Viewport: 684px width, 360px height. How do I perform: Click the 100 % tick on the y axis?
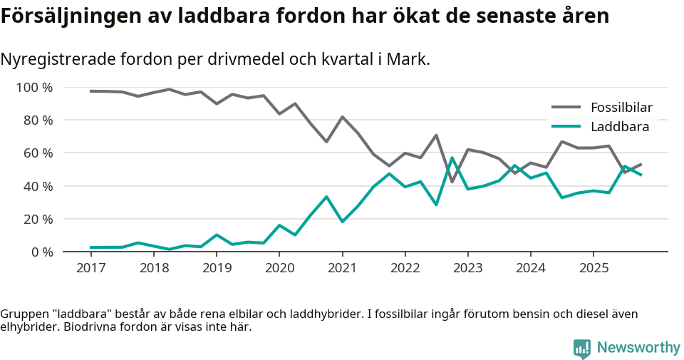point(34,88)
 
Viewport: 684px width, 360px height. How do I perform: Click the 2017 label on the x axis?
point(90,269)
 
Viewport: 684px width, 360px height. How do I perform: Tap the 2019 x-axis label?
point(217,269)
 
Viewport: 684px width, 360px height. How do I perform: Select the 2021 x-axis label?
point(342,269)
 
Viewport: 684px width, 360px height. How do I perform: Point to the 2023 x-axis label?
point(467,269)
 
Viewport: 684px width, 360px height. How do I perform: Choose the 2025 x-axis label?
point(593,269)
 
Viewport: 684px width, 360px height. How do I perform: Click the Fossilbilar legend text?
point(621,108)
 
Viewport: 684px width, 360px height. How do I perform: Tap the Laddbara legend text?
point(620,127)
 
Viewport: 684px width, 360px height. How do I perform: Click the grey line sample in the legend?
point(566,108)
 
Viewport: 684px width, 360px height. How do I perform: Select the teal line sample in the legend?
point(566,127)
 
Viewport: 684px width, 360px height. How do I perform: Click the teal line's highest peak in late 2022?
point(452,158)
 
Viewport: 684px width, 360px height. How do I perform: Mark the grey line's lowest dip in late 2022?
point(452,182)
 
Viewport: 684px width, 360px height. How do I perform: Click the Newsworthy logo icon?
point(582,348)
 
